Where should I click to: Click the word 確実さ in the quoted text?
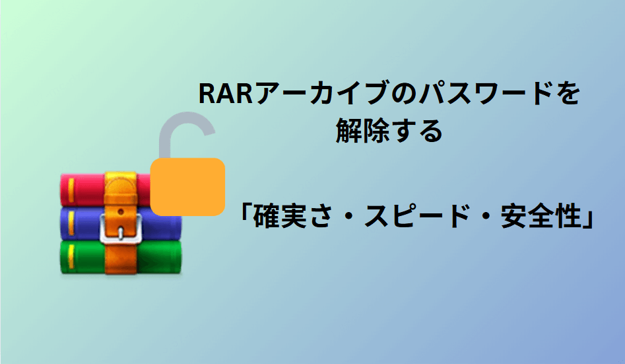point(293,216)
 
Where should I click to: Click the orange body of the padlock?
point(187,187)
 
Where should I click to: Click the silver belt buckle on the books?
point(120,228)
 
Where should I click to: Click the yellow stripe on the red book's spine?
point(71,189)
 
